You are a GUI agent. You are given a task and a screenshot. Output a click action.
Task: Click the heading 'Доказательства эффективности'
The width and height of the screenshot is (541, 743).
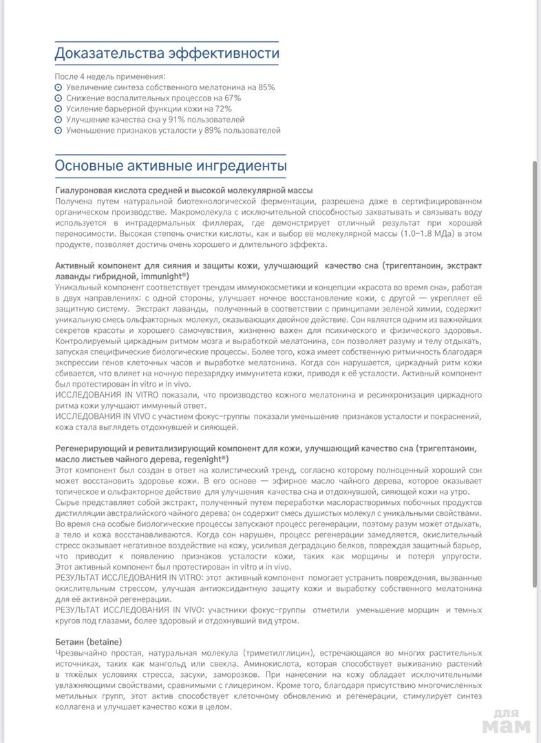167,53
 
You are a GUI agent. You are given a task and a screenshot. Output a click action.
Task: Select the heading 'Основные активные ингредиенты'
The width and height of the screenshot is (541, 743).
171,166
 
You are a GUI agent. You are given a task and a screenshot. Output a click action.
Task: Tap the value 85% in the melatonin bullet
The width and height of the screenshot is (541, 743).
266,87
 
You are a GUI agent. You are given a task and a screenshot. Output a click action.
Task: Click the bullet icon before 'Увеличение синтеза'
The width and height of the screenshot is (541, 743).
59,88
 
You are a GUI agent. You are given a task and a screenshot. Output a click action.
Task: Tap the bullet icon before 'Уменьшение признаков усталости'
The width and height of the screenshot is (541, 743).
59,131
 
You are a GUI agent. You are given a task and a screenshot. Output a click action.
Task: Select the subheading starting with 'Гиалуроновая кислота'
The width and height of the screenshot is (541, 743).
184,190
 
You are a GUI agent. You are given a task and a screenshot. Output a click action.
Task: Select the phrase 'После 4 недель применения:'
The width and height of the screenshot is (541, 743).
109,76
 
